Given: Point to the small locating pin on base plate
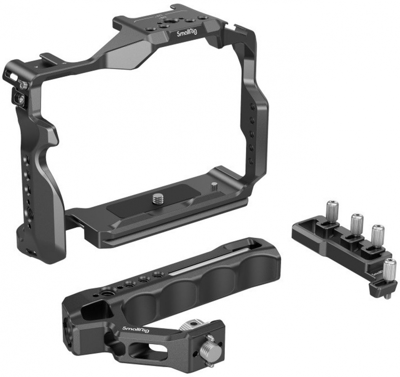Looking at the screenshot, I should click(x=214, y=186).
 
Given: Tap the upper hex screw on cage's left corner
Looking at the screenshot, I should click(x=24, y=86).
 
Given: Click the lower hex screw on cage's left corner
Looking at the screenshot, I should click(x=22, y=100).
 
